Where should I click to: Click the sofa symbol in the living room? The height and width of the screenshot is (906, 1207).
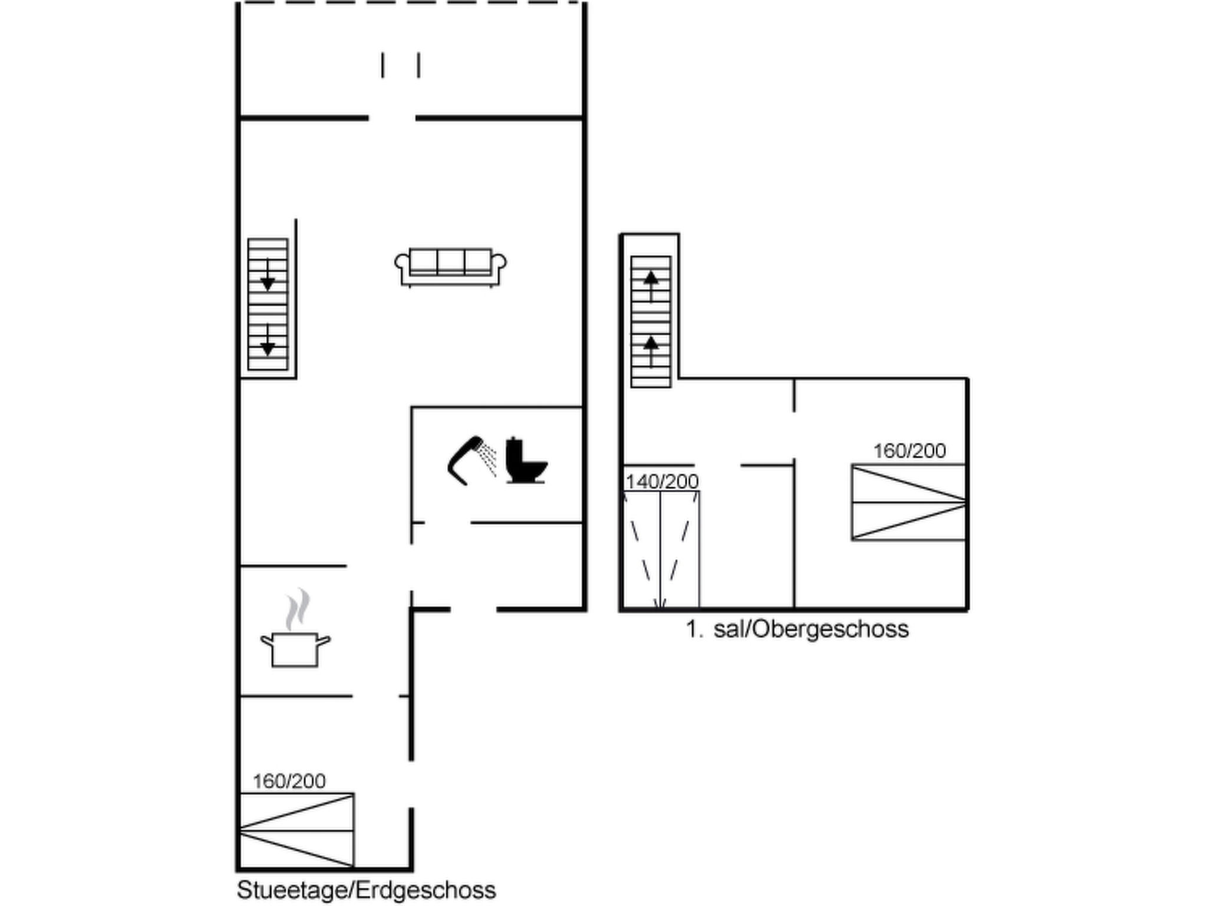point(450,267)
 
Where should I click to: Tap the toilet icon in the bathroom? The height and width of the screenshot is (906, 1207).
point(526,461)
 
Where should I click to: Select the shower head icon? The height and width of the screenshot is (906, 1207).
point(471,460)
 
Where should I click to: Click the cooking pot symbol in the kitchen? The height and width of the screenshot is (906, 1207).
point(295,650)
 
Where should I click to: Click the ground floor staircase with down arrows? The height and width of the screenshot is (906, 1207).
point(268,304)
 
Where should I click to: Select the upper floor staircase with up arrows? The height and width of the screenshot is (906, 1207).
point(651,322)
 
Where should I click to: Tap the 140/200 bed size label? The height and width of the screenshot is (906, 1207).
point(662,482)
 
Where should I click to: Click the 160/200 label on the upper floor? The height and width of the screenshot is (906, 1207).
point(909,451)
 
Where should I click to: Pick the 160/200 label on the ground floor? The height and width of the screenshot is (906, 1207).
point(289,782)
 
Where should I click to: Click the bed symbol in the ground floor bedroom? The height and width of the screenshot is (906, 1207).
point(297,830)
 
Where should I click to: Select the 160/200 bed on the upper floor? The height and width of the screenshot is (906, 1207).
point(909,503)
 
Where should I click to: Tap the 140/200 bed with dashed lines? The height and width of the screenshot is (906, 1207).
point(661,549)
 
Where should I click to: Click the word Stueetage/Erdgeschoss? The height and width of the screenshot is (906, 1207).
point(366,890)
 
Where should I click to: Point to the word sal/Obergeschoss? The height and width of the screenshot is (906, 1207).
point(811,629)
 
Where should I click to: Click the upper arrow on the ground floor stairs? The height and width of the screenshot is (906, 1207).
point(268,275)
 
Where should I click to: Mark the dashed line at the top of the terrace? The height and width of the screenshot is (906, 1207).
point(411,3)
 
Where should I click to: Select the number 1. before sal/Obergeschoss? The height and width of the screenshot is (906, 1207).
point(695,629)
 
